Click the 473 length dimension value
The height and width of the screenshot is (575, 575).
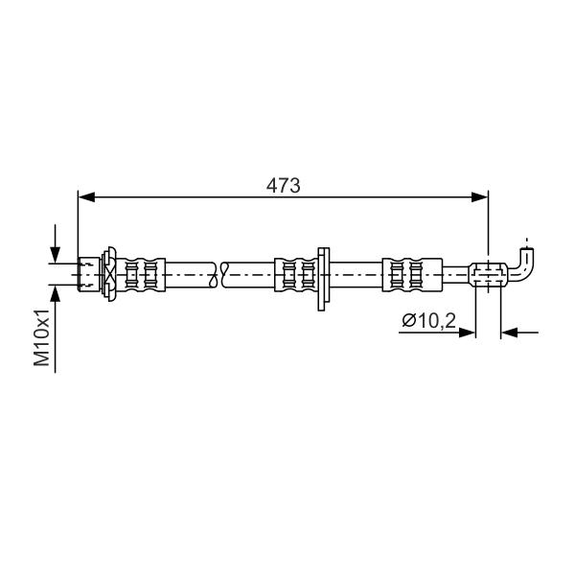point(283,186)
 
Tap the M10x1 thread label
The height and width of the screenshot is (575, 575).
point(42,337)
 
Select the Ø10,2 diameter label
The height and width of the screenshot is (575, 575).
point(428,321)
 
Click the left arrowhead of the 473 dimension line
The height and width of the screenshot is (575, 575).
point(86,196)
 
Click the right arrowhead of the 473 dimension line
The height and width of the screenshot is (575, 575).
point(480,196)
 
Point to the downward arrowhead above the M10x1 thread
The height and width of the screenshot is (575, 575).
point(55,254)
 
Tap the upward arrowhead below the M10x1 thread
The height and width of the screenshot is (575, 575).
point(55,293)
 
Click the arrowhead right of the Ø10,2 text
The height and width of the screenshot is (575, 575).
point(467,333)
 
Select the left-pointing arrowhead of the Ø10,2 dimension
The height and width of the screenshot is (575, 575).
point(509,333)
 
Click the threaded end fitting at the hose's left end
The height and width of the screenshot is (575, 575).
point(89,274)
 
